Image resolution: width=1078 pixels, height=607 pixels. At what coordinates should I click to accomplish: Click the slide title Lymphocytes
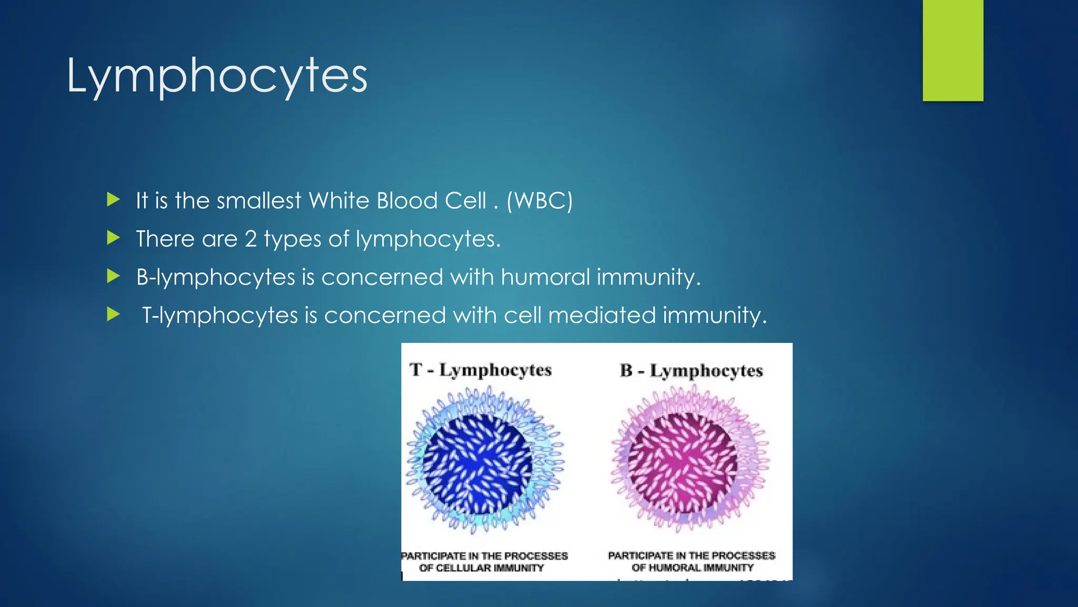[217, 76]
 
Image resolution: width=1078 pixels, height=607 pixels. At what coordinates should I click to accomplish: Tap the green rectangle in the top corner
[953, 51]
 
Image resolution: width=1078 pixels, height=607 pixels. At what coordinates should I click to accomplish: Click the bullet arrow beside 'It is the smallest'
[113, 200]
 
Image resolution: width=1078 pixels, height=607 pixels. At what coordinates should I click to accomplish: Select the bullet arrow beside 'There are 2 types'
[113, 238]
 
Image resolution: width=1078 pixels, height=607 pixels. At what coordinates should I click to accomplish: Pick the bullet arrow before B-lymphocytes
[113, 276]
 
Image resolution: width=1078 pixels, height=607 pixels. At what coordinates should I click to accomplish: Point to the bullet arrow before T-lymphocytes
[113, 315]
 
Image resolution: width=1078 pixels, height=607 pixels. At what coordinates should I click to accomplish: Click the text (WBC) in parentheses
[540, 201]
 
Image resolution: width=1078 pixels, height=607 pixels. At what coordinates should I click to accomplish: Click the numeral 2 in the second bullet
[251, 239]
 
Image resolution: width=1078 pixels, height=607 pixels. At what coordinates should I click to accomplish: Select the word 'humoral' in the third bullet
[545, 277]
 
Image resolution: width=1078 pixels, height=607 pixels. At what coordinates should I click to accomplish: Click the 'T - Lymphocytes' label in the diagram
[481, 370]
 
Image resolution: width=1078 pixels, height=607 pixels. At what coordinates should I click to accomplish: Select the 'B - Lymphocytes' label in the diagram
[691, 370]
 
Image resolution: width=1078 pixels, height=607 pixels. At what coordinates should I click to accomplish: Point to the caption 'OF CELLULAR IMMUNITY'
[481, 568]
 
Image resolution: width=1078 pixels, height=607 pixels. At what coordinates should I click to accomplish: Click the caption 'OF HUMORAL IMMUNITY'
[693, 567]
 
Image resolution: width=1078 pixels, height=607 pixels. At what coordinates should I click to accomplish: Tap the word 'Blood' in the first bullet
[408, 201]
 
